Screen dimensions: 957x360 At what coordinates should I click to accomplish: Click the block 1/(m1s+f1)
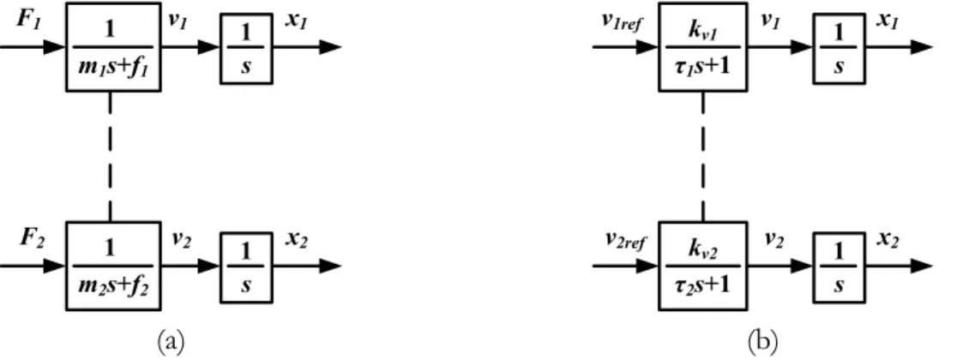click(x=113, y=47)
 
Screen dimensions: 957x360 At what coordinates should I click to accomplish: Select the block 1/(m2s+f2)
click(x=113, y=266)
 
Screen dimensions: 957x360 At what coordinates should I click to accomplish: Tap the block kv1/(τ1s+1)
click(x=703, y=47)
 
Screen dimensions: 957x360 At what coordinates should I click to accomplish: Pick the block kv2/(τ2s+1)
click(x=703, y=266)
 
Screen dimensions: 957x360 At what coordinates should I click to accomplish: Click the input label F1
click(x=28, y=20)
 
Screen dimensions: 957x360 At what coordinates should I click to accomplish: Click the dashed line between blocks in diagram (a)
click(x=110, y=157)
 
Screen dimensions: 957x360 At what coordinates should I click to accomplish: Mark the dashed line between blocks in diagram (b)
click(x=703, y=157)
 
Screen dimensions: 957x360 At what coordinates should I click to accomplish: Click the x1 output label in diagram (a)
click(x=298, y=20)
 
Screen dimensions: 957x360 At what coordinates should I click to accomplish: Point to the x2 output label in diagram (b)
click(x=888, y=240)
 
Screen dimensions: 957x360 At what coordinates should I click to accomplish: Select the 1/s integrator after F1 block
click(x=246, y=47)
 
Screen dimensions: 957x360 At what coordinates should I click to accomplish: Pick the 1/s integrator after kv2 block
click(x=840, y=266)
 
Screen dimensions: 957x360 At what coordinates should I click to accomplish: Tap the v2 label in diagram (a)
click(x=180, y=240)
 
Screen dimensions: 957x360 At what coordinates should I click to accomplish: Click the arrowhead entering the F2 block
click(x=55, y=266)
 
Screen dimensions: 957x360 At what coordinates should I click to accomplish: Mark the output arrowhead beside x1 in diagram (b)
click(x=922, y=47)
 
